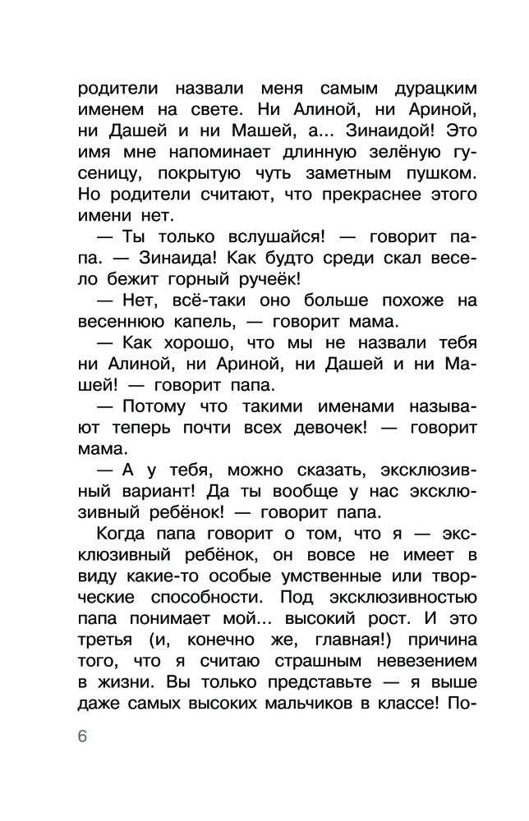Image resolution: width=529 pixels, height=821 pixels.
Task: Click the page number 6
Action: coord(81,735)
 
